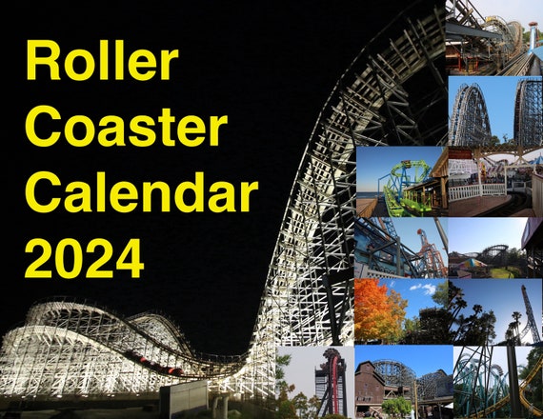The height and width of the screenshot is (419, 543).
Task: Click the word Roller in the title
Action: (x=102, y=60)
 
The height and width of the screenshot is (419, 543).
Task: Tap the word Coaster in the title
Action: (x=127, y=126)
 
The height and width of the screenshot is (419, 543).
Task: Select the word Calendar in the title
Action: (x=142, y=191)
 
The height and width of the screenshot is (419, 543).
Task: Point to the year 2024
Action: (x=84, y=258)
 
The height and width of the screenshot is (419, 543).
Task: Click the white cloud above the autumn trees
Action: (x=423, y=289)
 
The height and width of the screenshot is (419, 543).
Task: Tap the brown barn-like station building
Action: (x=375, y=388)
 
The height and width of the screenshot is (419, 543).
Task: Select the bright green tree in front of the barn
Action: (x=396, y=406)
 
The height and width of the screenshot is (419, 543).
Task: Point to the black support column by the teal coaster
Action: (x=514, y=381)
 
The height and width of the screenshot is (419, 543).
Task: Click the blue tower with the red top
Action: (x=533, y=34)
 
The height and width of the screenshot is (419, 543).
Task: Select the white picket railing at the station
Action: (x=477, y=191)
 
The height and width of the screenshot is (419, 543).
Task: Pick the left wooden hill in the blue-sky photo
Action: (x=470, y=114)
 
